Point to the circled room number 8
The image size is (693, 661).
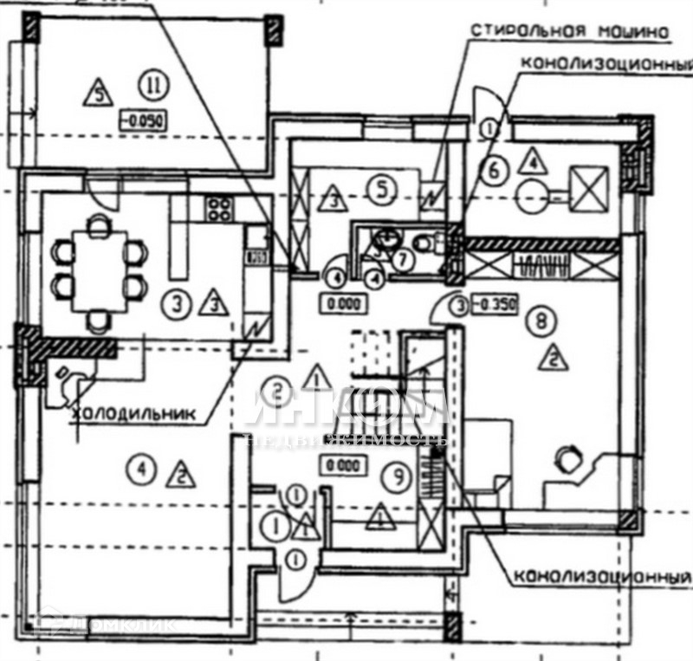point(541,322)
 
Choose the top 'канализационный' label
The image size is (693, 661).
point(606,65)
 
